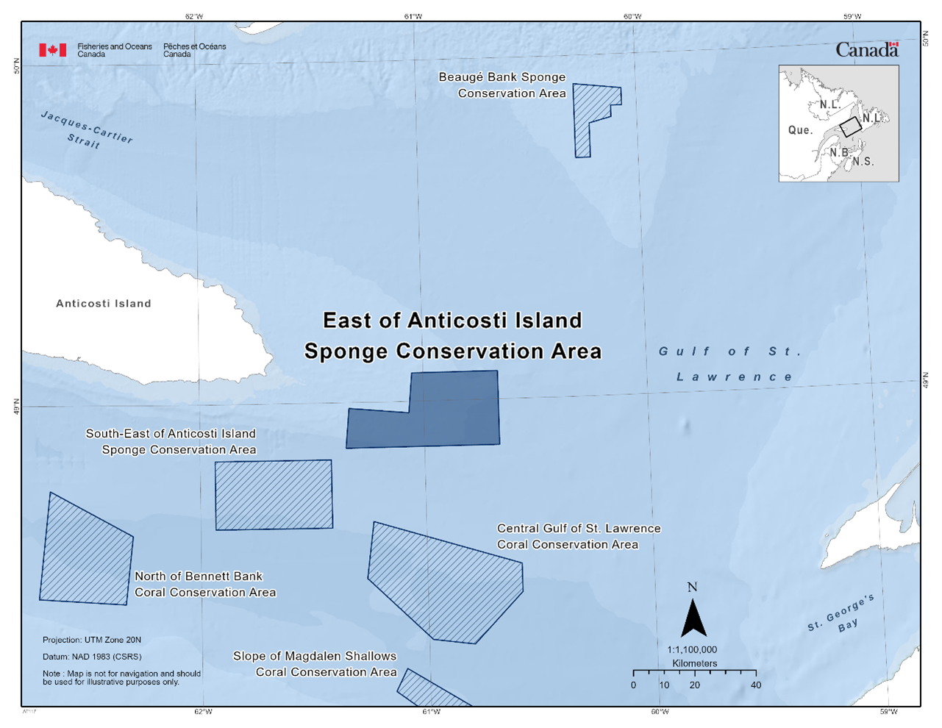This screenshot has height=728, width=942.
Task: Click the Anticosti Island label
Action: (x=104, y=304)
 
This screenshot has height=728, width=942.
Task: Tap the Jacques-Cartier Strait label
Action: (x=86, y=130)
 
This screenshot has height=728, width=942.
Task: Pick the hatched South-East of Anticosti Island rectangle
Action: (x=274, y=495)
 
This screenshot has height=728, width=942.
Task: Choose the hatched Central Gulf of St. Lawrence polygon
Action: (x=441, y=581)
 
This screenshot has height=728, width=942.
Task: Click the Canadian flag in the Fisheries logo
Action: (x=53, y=50)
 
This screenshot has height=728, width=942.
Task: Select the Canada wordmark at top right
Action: (x=867, y=50)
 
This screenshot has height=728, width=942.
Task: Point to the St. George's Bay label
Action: (x=843, y=615)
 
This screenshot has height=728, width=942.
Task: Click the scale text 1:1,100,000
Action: (x=692, y=650)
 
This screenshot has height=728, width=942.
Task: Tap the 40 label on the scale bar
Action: (x=756, y=685)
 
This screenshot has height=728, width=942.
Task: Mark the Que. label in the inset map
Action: (x=800, y=130)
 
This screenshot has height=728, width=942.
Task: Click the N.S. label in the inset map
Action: (x=863, y=162)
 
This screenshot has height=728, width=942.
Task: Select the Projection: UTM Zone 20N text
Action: (x=92, y=640)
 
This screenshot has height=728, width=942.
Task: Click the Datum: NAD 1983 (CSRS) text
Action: (x=92, y=657)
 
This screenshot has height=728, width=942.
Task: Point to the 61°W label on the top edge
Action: (x=413, y=16)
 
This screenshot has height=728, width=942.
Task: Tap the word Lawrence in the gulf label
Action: (x=735, y=377)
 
